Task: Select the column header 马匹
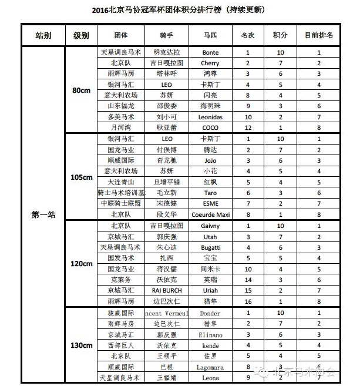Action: pos(210,36)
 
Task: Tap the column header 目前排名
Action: pos(319,36)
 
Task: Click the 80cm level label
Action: pos(81,90)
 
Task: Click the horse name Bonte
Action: pos(210,53)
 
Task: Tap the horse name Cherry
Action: pos(210,63)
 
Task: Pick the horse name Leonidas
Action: pos(210,117)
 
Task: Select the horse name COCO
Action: pos(210,127)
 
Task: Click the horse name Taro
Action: pos(210,193)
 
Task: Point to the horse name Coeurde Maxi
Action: pos(210,214)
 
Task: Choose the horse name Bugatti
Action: pos(210,247)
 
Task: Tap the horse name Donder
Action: pos(210,313)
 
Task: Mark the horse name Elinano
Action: pos(210,334)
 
